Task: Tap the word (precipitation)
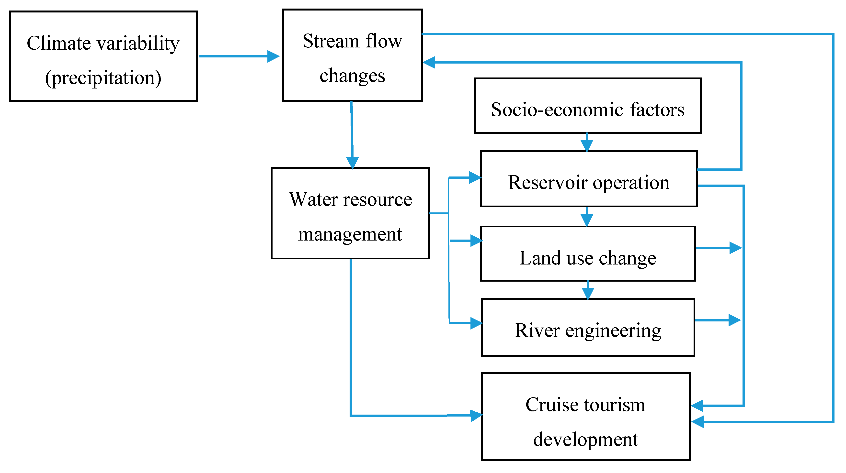(103, 78)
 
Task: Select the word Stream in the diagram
(331, 41)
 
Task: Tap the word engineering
(613, 330)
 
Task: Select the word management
(350, 234)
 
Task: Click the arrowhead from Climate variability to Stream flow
(273, 56)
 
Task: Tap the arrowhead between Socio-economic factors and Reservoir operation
(587, 145)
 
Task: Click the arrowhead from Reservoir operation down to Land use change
(587, 220)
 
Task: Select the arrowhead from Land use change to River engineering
(588, 293)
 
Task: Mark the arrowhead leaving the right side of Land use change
(735, 248)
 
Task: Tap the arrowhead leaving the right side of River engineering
(734, 320)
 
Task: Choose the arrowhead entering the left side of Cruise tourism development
(476, 416)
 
